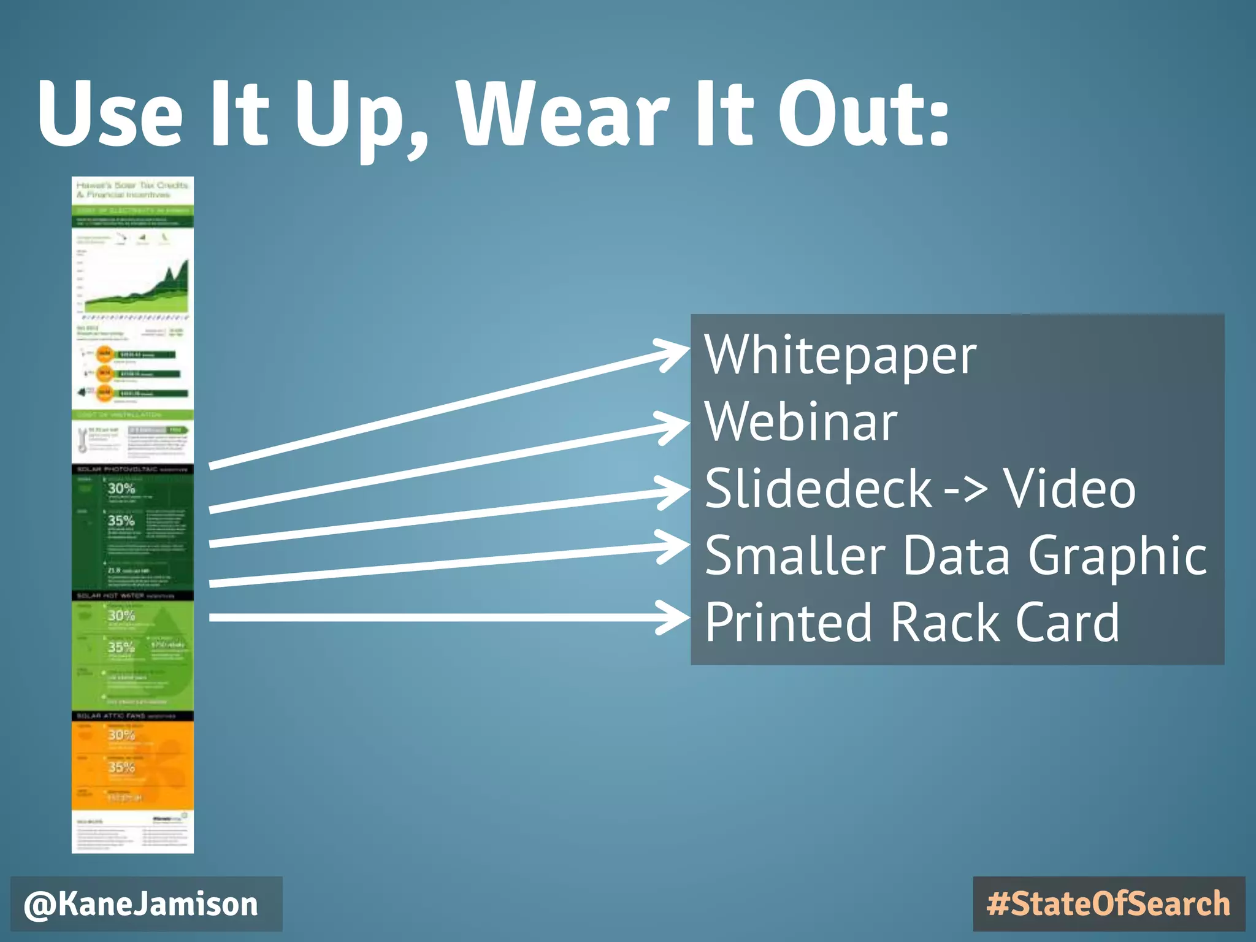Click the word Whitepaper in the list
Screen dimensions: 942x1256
(840, 356)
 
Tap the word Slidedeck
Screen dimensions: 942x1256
(818, 489)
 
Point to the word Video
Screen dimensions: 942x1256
(1069, 489)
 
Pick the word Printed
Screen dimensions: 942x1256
(788, 622)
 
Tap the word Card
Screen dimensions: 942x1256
(1067, 622)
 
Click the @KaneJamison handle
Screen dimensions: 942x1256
(141, 905)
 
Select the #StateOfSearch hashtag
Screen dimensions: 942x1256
(1108, 905)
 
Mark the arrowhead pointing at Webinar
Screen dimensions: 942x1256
(675, 425)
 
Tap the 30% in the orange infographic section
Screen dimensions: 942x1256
(121, 735)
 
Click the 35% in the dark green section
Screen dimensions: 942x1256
(121, 521)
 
